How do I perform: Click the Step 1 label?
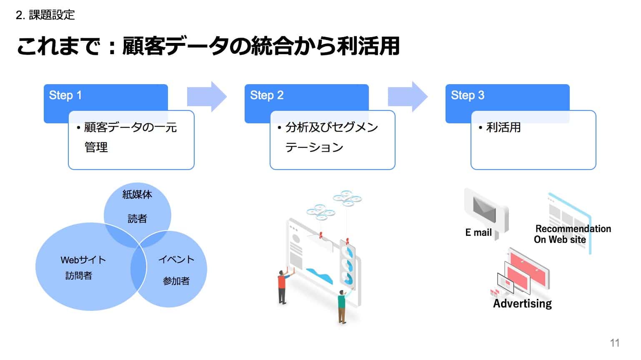pyautogui.click(x=65, y=95)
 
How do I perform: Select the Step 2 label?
pyautogui.click(x=267, y=95)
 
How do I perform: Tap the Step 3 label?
pyautogui.click(x=468, y=95)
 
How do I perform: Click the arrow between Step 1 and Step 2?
pyautogui.click(x=207, y=97)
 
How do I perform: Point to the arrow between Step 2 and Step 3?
pyautogui.click(x=408, y=97)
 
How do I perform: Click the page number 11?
pyautogui.click(x=615, y=343)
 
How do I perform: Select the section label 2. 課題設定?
pyautogui.click(x=45, y=15)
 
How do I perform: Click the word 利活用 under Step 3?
pyautogui.click(x=503, y=127)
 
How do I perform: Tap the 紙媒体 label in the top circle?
pyautogui.click(x=137, y=194)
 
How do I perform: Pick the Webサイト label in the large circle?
pyautogui.click(x=83, y=260)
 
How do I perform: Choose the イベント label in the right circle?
pyautogui.click(x=176, y=259)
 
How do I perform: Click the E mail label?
pyautogui.click(x=478, y=232)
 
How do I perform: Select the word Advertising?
pyautogui.click(x=522, y=303)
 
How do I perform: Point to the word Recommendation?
pyautogui.click(x=573, y=229)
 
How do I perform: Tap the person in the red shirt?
pyautogui.click(x=282, y=286)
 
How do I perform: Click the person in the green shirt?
pyautogui.click(x=342, y=306)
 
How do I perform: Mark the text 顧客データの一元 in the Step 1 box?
pyautogui.click(x=130, y=127)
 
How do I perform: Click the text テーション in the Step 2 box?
pyautogui.click(x=314, y=147)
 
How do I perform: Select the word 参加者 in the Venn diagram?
pyautogui.click(x=176, y=281)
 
